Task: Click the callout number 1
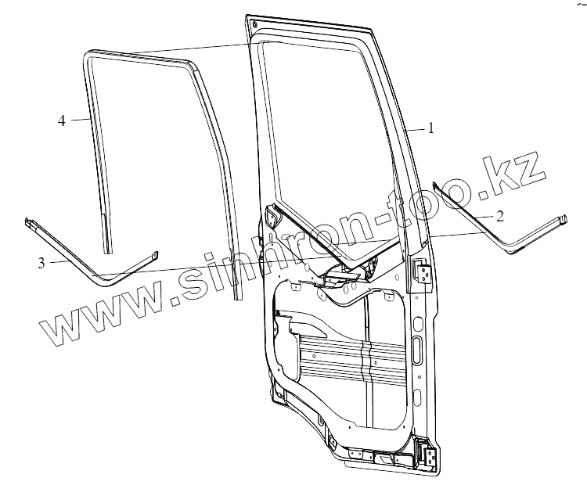coord(430,130)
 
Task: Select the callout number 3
coord(41,262)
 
